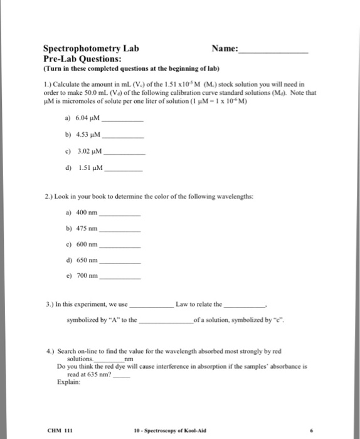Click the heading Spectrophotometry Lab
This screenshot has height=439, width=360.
91,48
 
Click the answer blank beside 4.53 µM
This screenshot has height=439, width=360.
123,136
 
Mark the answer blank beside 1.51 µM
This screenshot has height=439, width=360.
123,170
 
